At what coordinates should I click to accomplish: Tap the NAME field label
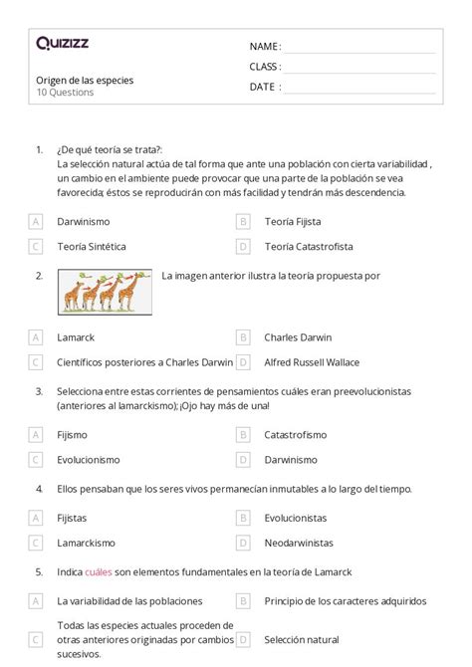tap(264, 47)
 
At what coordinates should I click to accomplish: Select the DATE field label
tap(264, 87)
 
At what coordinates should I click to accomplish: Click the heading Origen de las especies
tap(84, 80)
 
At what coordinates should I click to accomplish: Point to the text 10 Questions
tap(65, 93)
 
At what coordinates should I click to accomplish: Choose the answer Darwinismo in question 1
tap(84, 221)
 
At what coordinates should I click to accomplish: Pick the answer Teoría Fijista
tap(293, 221)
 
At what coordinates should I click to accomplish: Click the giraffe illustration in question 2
tap(105, 293)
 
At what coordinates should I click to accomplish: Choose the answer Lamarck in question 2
tap(77, 337)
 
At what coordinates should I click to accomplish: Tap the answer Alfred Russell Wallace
tap(312, 362)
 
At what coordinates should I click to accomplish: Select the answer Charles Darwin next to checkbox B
tap(298, 337)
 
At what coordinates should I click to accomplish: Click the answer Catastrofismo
tap(298, 434)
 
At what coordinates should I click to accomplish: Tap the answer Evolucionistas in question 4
tap(296, 518)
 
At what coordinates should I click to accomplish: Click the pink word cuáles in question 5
tap(99, 571)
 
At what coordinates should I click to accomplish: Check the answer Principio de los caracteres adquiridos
tap(346, 600)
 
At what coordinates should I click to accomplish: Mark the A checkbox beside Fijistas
tap(36, 518)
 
